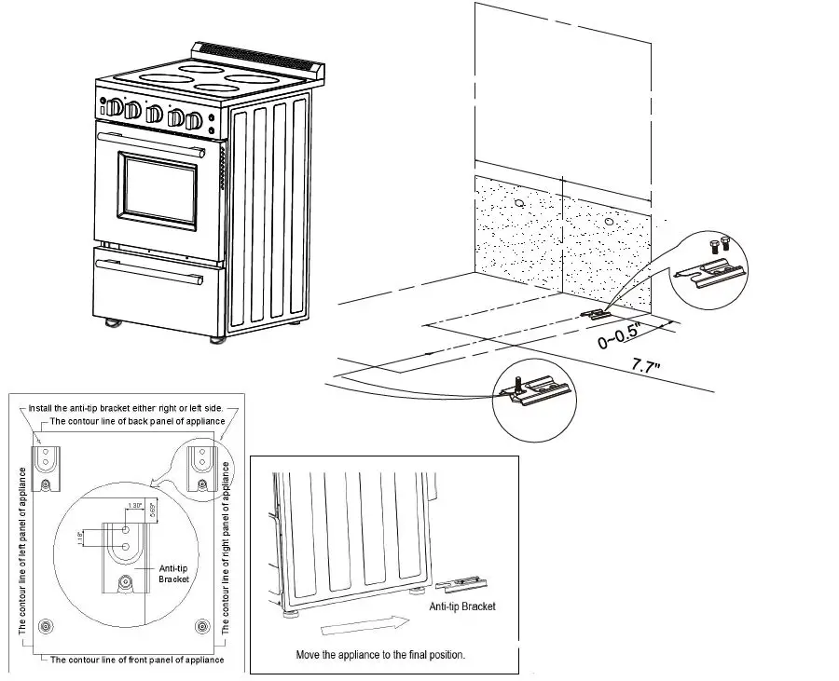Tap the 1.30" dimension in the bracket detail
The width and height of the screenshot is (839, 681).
pyautogui.click(x=135, y=506)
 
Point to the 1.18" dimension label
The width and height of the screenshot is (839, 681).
pyautogui.click(x=83, y=539)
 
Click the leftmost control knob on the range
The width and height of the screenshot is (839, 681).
pyautogui.click(x=114, y=107)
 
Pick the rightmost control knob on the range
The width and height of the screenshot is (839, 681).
pyautogui.click(x=194, y=120)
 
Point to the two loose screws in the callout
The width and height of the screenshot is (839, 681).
pyautogui.click(x=719, y=245)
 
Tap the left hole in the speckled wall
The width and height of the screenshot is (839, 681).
pyautogui.click(x=518, y=203)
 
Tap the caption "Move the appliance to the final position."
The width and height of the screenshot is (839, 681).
pyautogui.click(x=380, y=655)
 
